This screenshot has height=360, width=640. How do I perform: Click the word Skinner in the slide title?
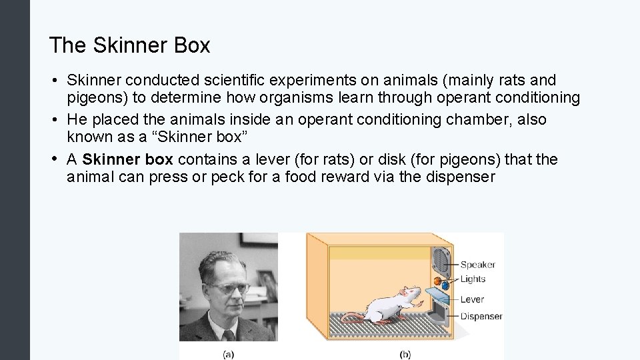click(x=118, y=45)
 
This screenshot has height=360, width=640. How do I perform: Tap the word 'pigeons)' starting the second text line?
click(x=93, y=99)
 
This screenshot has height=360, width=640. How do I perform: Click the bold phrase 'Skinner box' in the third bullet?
click(x=127, y=160)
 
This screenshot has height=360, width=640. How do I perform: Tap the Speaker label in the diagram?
click(x=477, y=265)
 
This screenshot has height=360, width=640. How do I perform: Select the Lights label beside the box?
click(x=473, y=279)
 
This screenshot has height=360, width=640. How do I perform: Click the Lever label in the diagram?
click(x=472, y=299)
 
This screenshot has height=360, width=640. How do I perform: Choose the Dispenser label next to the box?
click(x=481, y=317)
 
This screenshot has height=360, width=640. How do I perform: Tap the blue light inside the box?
click(x=445, y=285)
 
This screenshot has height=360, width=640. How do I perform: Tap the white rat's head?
click(x=410, y=294)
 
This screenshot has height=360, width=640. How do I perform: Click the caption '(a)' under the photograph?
click(x=228, y=355)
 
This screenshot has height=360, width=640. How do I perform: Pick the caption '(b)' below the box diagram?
click(x=405, y=355)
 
